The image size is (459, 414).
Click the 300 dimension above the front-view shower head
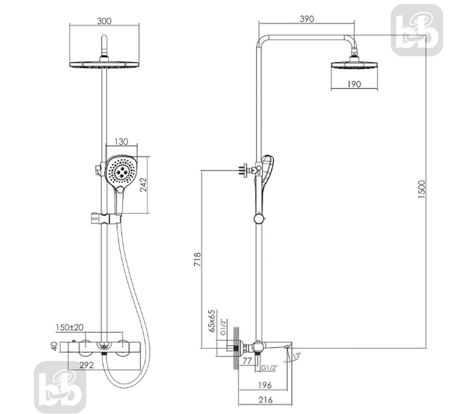104,21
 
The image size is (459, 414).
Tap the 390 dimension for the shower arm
307,19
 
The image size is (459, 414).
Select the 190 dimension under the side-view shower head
354,84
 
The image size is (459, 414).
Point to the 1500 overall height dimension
421,190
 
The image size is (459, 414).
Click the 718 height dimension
198,259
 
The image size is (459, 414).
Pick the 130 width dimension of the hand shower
121,142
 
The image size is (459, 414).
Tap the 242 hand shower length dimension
143,185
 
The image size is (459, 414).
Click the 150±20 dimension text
70,327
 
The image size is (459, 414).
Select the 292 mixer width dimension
87,365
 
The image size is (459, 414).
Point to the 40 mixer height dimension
54,346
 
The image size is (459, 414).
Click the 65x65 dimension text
212,321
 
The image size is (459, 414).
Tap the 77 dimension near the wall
247,361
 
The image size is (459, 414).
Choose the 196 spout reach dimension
265,385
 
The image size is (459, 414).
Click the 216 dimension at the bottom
265,400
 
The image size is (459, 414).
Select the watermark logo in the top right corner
417,30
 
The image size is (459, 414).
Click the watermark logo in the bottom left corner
60,387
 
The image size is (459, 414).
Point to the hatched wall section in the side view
236,348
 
